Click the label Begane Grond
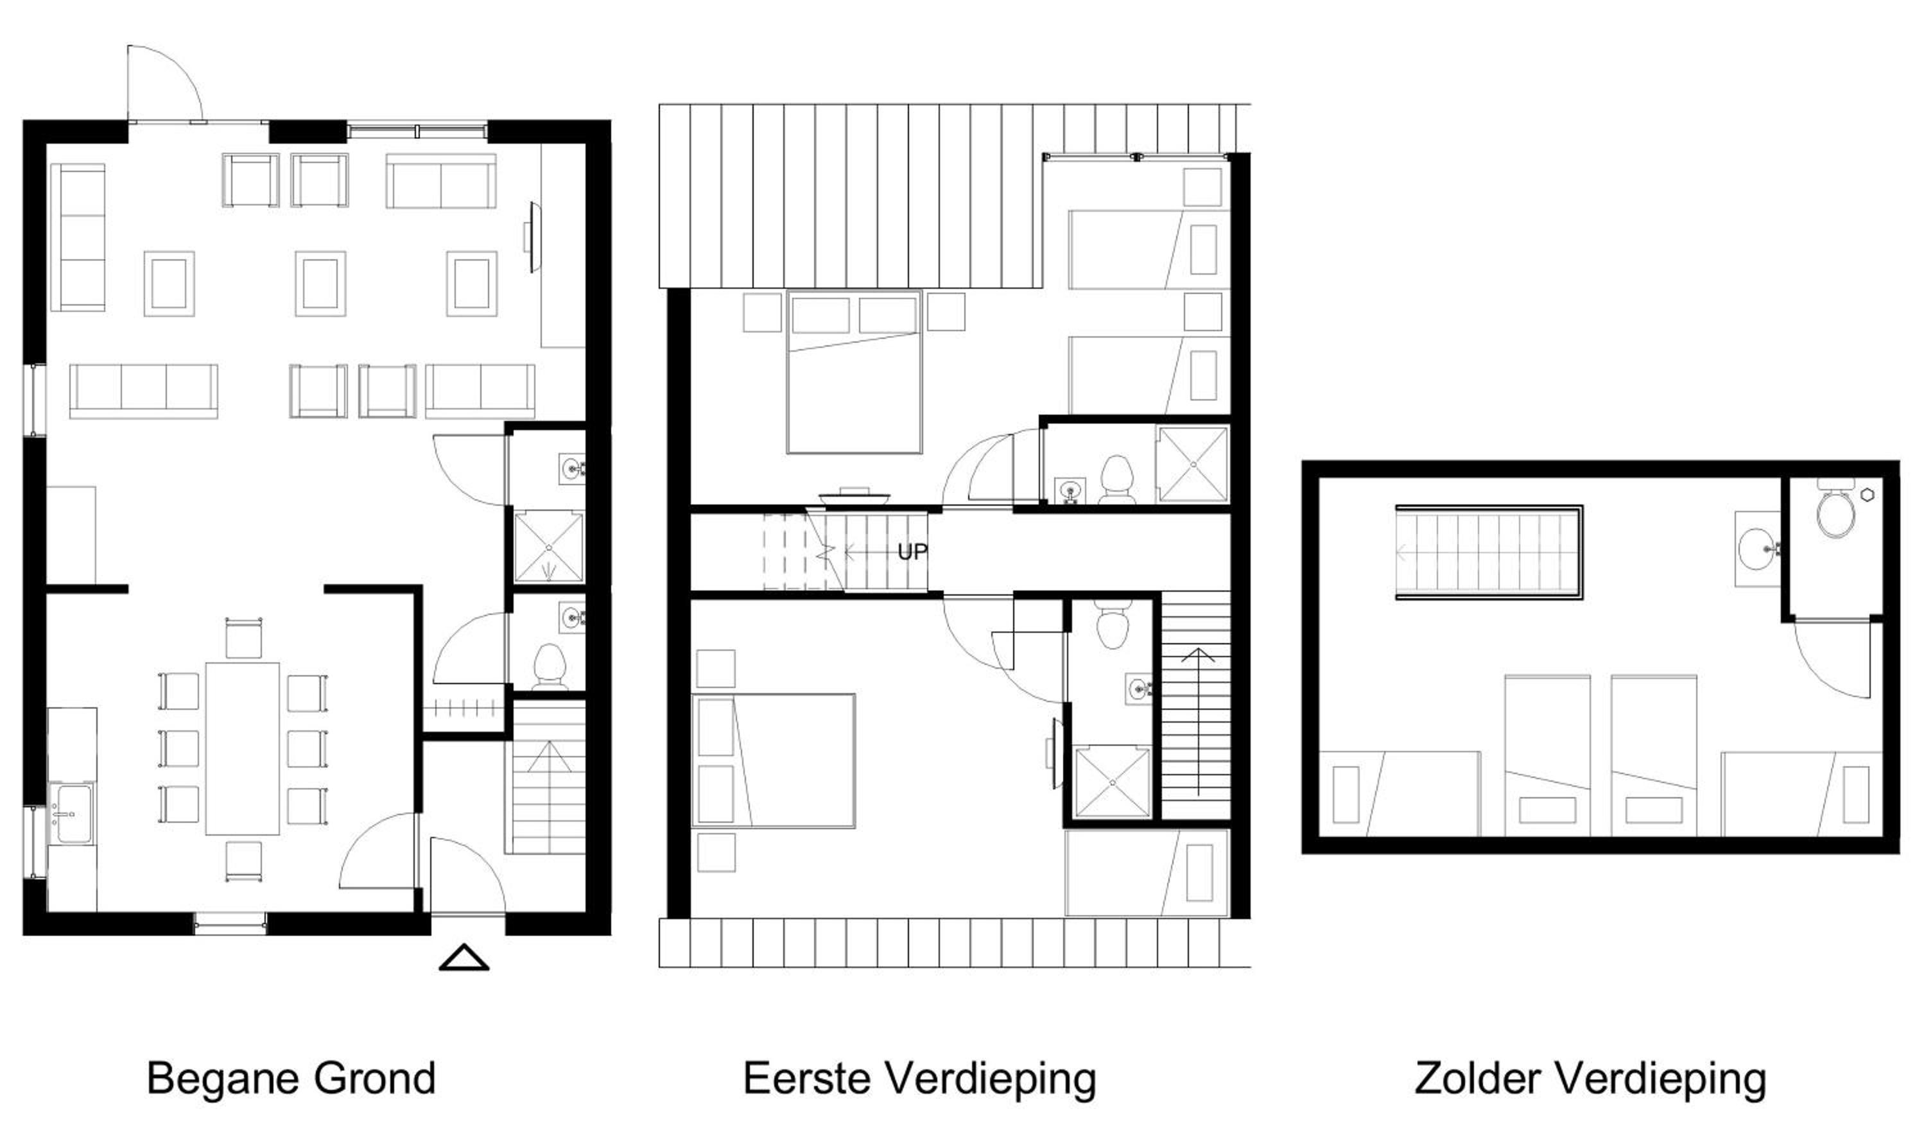pos(291,1079)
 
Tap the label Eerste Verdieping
pos(919,1079)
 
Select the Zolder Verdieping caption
pos(1590,1079)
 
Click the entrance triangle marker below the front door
pos(464,958)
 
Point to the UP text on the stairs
pos(912,552)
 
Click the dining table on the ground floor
pos(242,748)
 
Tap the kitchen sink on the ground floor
pos(71,813)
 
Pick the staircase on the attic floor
pos(1489,552)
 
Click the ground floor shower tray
pos(548,548)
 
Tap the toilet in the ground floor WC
pos(549,666)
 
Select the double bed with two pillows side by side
pos(855,372)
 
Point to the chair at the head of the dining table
pos(244,638)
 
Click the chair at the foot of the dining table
pos(244,862)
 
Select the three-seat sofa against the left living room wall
pos(77,237)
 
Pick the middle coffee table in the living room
pos(320,283)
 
